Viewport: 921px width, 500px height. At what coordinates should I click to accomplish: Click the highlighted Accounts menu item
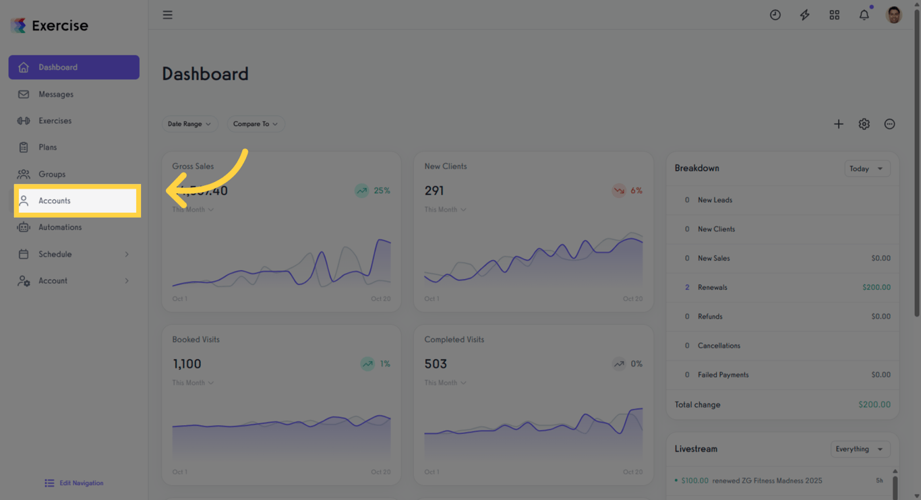coord(77,201)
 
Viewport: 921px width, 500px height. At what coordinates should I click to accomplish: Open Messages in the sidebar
coord(55,94)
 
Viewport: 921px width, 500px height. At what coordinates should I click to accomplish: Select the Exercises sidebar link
coord(55,121)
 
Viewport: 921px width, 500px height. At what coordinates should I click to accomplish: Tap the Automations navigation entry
coord(59,227)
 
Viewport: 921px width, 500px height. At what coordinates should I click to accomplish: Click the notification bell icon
coord(864,15)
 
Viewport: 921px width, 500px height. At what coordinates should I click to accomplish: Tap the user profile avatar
coord(894,15)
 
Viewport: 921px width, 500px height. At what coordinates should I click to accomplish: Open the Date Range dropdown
coord(189,124)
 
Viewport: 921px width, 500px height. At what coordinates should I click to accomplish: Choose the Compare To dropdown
coord(255,124)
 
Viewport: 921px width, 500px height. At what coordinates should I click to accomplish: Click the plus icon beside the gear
coord(838,124)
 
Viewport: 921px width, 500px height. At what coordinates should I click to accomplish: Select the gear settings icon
coord(864,124)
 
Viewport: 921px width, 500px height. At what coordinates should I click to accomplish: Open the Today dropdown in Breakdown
coord(866,168)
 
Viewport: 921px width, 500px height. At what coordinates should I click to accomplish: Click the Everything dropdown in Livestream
coord(860,449)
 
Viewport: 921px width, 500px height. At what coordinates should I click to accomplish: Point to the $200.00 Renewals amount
coord(876,287)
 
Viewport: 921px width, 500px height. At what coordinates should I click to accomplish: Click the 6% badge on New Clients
coord(628,191)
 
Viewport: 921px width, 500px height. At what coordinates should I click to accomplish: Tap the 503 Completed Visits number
coord(436,364)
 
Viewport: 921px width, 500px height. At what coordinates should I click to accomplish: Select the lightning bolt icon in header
coord(804,15)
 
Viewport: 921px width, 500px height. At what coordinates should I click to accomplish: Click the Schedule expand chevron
coord(127,254)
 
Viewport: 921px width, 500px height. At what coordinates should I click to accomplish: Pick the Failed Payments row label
coord(723,375)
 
